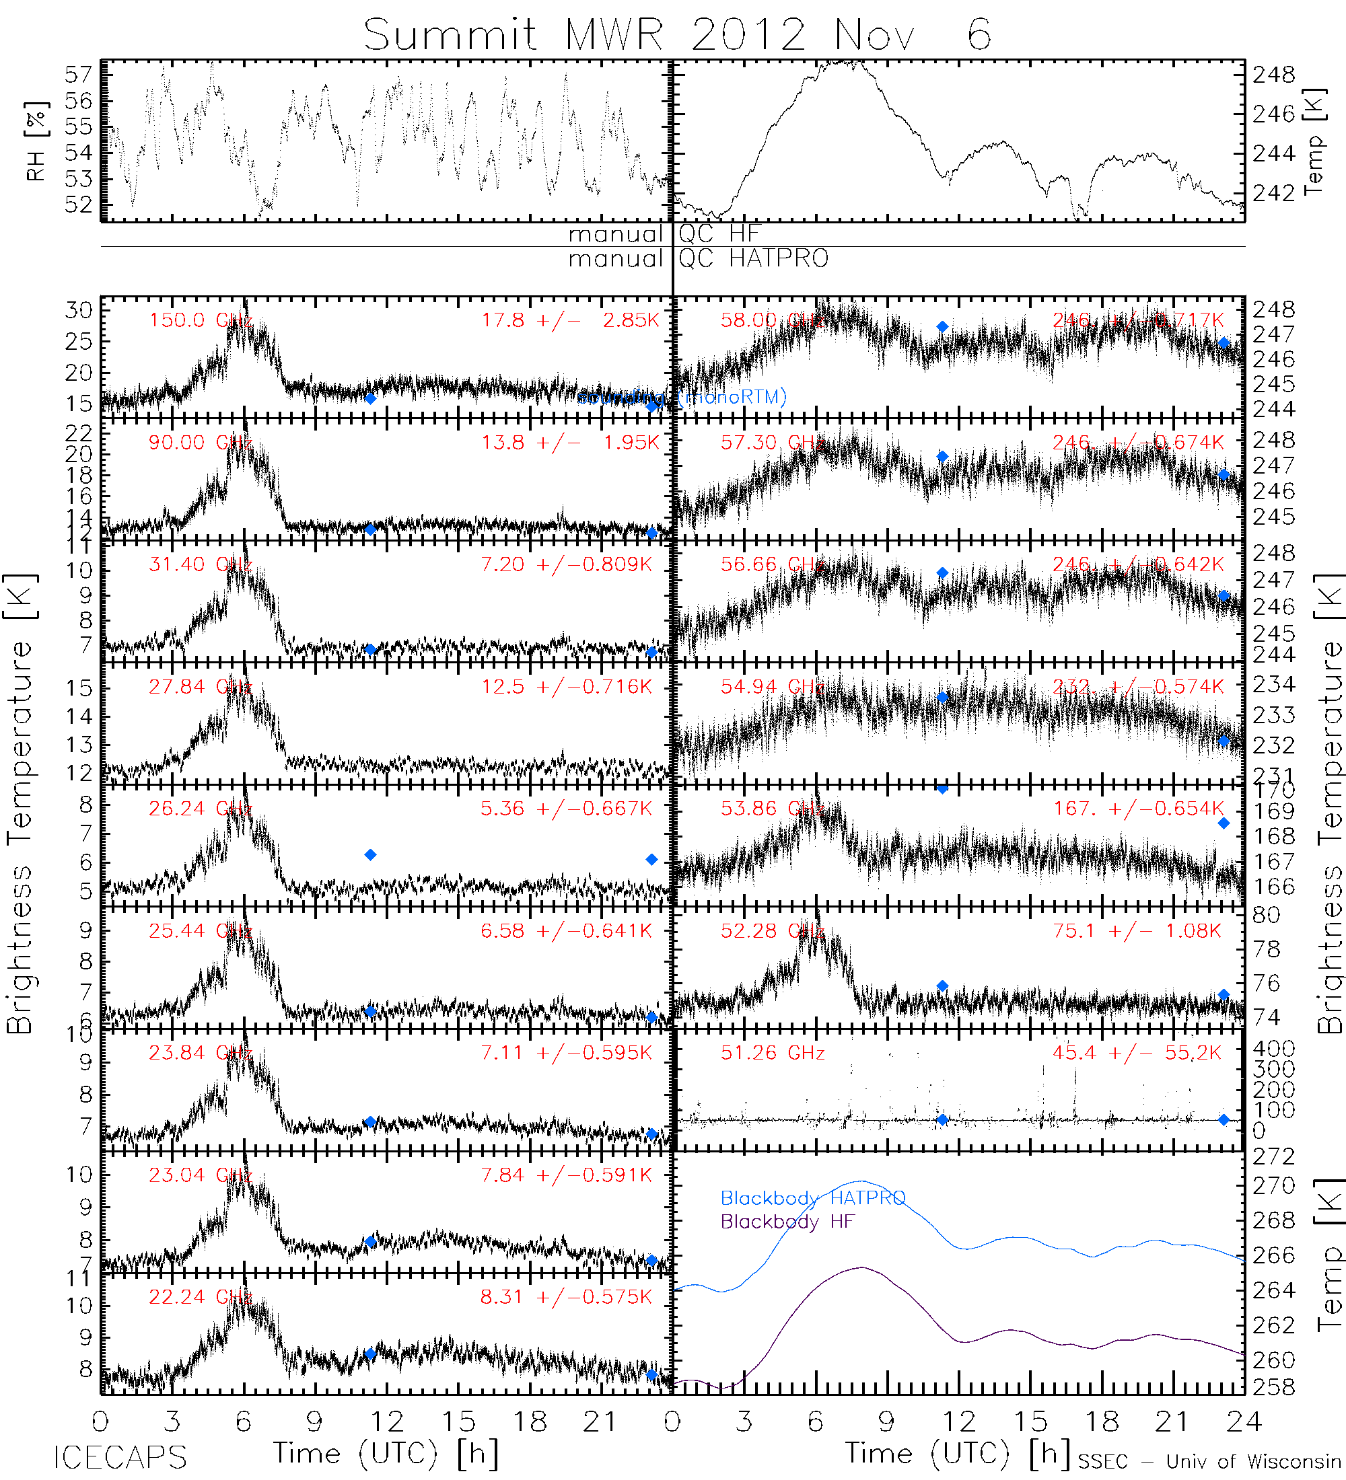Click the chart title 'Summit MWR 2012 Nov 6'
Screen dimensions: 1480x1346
[x=676, y=34]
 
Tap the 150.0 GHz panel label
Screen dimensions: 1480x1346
[x=200, y=320]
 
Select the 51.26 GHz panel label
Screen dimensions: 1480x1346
[x=772, y=1053]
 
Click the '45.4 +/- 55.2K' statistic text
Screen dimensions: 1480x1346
[x=1137, y=1053]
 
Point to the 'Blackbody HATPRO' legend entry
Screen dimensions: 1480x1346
[x=812, y=1198]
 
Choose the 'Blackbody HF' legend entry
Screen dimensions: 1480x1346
[x=787, y=1222]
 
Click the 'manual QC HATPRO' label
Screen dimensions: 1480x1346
[x=698, y=258]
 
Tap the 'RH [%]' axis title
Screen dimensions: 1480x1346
[x=36, y=141]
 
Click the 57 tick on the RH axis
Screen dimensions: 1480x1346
[x=79, y=74]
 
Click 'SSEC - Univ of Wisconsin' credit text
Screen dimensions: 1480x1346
[x=1209, y=1462]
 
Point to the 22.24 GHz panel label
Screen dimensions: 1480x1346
[x=200, y=1297]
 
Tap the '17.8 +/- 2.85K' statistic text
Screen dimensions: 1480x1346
[x=570, y=320]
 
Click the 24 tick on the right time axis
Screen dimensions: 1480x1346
[x=1243, y=1422]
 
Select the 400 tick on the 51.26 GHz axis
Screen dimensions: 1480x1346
[x=1274, y=1048]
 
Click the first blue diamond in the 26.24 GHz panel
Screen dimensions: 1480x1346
[x=371, y=854]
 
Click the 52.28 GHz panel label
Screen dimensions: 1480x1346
[x=772, y=931]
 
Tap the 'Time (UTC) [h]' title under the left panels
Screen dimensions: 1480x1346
[x=386, y=1454]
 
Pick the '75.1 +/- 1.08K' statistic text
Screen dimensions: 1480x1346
[x=1137, y=931]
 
